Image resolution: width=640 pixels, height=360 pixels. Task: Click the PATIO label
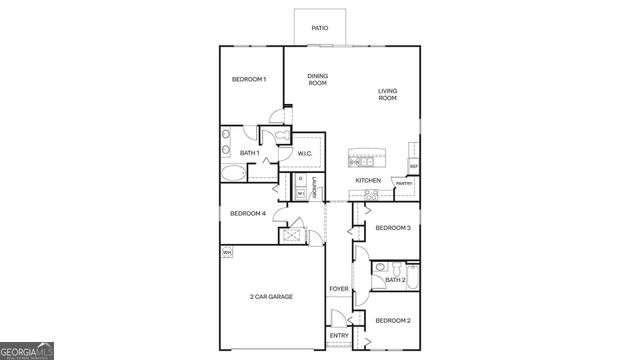(x=319, y=28)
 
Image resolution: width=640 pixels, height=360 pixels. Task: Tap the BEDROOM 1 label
(x=249, y=79)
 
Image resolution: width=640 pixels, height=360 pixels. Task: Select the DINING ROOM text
(x=317, y=79)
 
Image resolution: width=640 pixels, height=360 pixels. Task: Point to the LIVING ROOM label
(x=387, y=95)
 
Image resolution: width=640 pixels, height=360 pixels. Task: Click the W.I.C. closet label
(x=306, y=153)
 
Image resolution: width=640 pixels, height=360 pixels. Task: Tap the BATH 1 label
(x=250, y=153)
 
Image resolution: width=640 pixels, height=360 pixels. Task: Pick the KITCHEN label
(x=368, y=180)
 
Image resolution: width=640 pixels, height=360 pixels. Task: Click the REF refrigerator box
(x=413, y=166)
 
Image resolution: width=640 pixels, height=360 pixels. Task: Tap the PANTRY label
(x=404, y=184)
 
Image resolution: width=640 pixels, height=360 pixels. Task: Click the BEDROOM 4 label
(x=248, y=213)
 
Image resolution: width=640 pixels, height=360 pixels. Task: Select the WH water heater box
(x=227, y=252)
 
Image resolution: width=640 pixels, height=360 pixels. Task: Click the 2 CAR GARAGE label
(x=271, y=296)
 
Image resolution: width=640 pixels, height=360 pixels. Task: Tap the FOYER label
(x=339, y=289)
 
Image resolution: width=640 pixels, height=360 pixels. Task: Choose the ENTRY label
(x=339, y=335)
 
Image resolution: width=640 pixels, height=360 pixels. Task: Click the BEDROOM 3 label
(x=393, y=228)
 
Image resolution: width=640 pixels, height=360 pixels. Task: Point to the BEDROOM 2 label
(x=393, y=320)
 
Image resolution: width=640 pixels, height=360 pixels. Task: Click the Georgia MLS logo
(x=28, y=351)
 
